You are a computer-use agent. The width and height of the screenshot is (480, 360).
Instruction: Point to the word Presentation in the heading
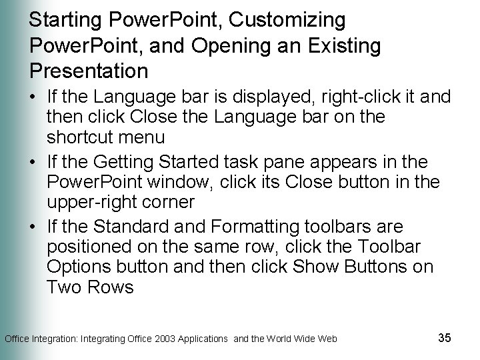pos(88,70)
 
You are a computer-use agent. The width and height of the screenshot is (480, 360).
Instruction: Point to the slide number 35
pos(445,337)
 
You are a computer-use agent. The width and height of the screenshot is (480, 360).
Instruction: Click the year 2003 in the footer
pos(170,339)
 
